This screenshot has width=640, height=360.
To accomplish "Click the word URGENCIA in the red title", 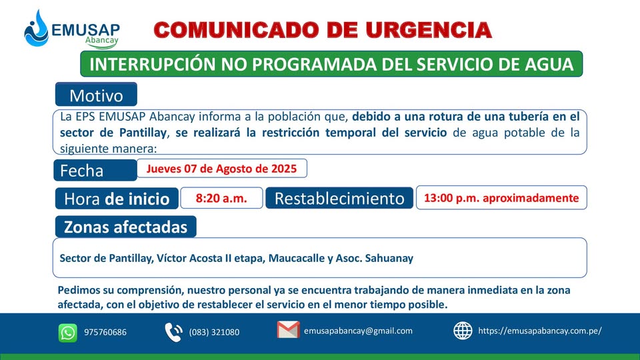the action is [428, 30].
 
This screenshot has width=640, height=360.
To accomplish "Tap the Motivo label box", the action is [96, 94].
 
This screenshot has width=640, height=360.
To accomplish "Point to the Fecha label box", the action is [95, 170].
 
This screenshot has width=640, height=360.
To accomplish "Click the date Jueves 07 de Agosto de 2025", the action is [221, 169].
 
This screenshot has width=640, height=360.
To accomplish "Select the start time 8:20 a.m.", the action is [221, 199].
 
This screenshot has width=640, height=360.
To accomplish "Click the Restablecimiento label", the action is [339, 199].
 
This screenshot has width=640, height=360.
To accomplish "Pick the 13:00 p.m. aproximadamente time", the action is [501, 198].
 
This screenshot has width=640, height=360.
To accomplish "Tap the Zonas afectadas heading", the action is [126, 227].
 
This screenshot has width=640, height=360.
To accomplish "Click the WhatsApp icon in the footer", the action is [68, 333].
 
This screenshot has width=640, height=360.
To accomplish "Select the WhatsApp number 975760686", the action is [105, 332].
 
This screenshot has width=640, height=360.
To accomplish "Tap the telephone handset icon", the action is [173, 332].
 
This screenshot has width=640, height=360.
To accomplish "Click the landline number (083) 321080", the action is [214, 332].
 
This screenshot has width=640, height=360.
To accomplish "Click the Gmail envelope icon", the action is [288, 330].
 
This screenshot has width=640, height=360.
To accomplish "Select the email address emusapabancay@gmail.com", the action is [359, 331].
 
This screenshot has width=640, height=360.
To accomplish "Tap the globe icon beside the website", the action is [463, 331].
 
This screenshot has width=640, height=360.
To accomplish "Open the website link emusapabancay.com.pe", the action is [540, 331].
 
